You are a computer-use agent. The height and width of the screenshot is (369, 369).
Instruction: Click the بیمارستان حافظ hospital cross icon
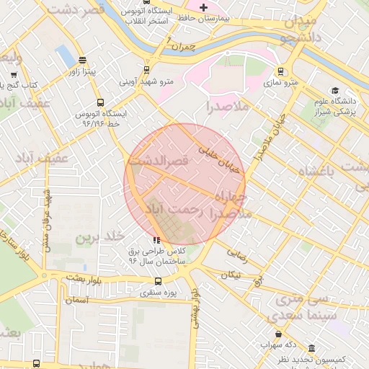click(x=204, y=7)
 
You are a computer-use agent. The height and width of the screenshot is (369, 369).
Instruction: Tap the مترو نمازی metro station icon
click(x=280, y=71)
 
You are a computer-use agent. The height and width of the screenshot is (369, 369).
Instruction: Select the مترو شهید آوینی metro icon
click(x=146, y=70)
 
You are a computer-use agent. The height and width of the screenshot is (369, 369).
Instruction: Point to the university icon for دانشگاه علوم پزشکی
click(x=334, y=90)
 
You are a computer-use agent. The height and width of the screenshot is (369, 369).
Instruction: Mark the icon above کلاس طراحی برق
click(x=156, y=240)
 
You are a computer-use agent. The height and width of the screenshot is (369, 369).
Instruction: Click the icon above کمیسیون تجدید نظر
click(x=311, y=347)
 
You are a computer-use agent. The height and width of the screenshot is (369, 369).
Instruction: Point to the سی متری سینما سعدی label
click(x=296, y=308)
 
